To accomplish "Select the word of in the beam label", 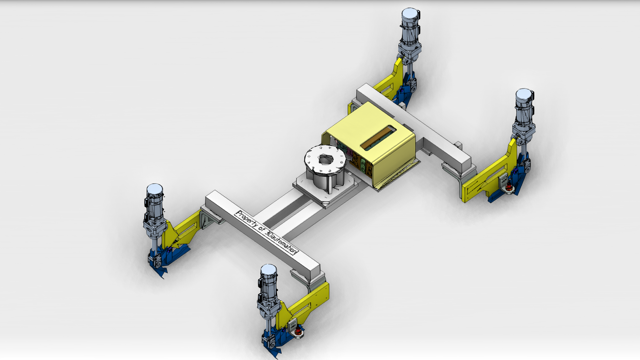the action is (262, 230).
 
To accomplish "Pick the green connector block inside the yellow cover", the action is (363, 164).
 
